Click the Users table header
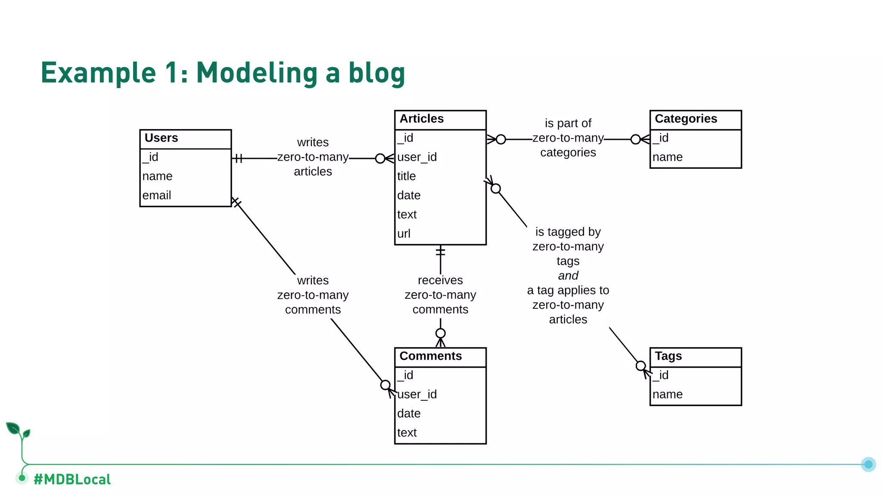click(x=161, y=138)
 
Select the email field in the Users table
click(x=157, y=195)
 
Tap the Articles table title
click(x=422, y=119)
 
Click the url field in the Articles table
click(x=404, y=234)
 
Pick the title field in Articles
click(x=407, y=177)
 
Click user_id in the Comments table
click(x=417, y=394)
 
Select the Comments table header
click(x=431, y=356)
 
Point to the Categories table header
click(x=686, y=119)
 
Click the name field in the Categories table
click(x=668, y=157)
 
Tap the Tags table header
click(x=668, y=356)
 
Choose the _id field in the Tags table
click(x=661, y=375)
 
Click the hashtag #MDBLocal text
click(x=72, y=479)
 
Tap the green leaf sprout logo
click(x=18, y=431)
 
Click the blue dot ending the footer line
click(x=868, y=464)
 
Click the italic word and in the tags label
click(x=568, y=276)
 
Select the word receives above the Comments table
click(x=440, y=280)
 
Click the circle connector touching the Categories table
click(x=635, y=139)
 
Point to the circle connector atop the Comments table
click(x=440, y=333)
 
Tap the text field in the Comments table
click(x=407, y=433)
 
